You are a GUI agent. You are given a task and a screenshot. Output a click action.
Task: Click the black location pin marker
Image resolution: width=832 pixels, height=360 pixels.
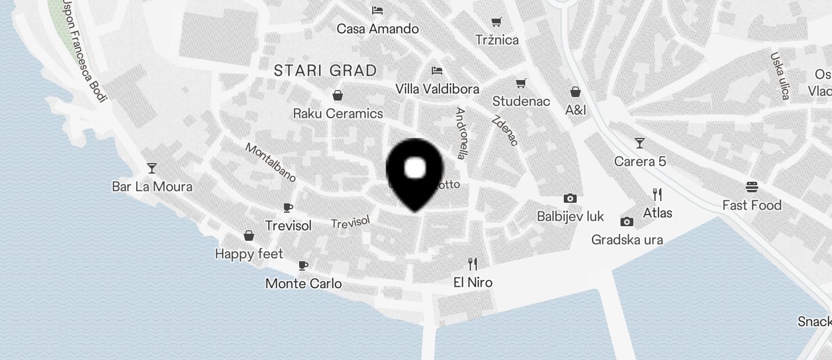tap(415, 172)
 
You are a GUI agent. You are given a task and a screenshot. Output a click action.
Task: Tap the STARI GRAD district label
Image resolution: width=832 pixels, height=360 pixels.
tap(325, 71)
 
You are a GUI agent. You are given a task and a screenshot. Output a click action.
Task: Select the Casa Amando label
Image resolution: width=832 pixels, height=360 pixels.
tap(377, 29)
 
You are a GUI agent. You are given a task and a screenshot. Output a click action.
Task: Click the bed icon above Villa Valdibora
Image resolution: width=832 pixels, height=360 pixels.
tap(436, 71)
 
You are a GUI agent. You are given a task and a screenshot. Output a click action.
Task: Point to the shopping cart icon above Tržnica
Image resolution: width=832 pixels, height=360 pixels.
tap(496, 22)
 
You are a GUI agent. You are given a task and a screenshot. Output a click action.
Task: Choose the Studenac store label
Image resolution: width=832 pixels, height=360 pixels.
tap(521, 101)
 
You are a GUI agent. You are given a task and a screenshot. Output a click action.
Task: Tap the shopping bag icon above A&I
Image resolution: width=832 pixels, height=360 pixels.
tap(576, 92)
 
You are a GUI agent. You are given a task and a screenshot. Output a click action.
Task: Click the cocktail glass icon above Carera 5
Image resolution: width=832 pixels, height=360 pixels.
tap(640, 143)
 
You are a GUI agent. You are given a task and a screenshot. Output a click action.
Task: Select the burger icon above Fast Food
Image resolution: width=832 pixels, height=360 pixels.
tap(751, 187)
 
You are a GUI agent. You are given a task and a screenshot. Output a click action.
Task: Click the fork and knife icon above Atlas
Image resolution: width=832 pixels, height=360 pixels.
tap(657, 195)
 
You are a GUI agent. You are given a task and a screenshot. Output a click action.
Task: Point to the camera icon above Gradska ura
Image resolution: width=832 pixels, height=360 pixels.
tap(627, 221)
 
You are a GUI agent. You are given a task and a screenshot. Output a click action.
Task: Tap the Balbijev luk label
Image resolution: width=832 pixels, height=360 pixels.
tap(570, 216)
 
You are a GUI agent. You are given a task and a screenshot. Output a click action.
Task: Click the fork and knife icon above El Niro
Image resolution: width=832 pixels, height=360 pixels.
tap(473, 264)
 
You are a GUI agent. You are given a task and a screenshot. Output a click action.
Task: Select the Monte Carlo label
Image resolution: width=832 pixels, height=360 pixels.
tap(303, 283)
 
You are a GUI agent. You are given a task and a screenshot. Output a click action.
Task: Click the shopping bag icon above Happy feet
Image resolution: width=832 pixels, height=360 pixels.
tap(249, 236)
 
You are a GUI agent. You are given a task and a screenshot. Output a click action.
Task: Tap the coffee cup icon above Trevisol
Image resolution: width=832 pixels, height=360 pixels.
tap(287, 207)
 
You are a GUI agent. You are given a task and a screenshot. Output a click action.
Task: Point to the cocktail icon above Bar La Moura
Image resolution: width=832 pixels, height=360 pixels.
tap(152, 168)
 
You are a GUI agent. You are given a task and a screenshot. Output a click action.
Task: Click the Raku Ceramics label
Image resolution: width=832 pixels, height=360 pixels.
tap(338, 113)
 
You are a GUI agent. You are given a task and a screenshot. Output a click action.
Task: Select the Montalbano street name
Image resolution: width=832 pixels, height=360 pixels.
tap(271, 162)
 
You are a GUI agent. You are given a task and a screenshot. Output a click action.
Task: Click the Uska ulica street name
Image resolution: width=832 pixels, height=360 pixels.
tap(780, 75)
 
